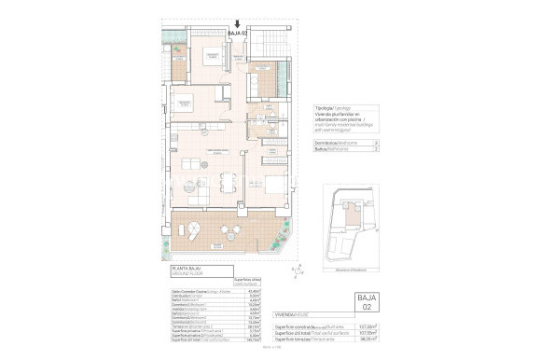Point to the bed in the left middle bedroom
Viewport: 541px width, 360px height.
click(x=184, y=104)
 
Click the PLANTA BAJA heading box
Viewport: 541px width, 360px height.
click(x=199, y=271)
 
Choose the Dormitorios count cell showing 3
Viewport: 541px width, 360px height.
click(x=375, y=142)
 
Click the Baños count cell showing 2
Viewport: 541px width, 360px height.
click(x=375, y=148)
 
